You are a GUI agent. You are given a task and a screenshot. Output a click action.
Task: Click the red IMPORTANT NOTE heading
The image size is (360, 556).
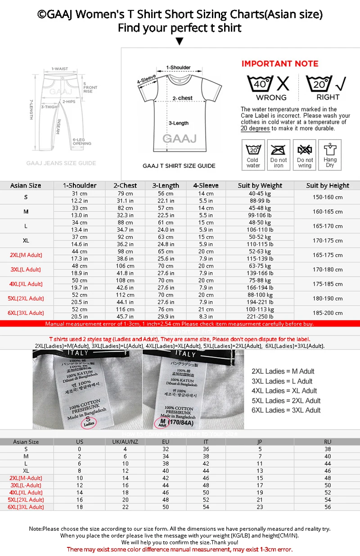tap(280, 63)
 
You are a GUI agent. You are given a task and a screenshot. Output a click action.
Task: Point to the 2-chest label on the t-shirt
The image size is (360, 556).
tap(183, 98)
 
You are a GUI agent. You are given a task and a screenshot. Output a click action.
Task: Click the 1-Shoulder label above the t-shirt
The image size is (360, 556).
tap(178, 67)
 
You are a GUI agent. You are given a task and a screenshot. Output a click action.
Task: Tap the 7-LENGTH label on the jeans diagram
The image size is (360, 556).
tap(31, 109)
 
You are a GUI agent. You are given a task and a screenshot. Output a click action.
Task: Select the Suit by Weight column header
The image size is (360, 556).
tap(260, 185)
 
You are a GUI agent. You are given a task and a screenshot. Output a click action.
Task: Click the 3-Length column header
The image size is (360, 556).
tap(166, 185)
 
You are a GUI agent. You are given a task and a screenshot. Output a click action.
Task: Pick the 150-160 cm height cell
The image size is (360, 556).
tap(328, 197)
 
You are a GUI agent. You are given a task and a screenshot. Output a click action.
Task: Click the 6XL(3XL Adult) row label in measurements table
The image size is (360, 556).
tap(26, 313)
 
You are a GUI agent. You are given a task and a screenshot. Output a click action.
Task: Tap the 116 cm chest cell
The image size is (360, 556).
tap(126, 309)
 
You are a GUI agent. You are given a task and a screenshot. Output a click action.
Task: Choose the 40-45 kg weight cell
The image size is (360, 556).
tap(260, 193)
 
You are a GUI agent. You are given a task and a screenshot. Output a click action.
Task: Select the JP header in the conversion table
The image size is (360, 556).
tap(260, 442)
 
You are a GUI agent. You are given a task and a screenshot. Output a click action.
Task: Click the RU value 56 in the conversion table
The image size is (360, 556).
tap(328, 507)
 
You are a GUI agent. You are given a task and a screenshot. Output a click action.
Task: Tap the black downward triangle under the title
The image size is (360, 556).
tap(180, 42)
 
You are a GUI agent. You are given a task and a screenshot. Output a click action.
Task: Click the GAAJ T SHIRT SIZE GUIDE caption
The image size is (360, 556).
tap(179, 166)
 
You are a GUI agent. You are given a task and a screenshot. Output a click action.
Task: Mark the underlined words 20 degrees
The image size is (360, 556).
tap(255, 128)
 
